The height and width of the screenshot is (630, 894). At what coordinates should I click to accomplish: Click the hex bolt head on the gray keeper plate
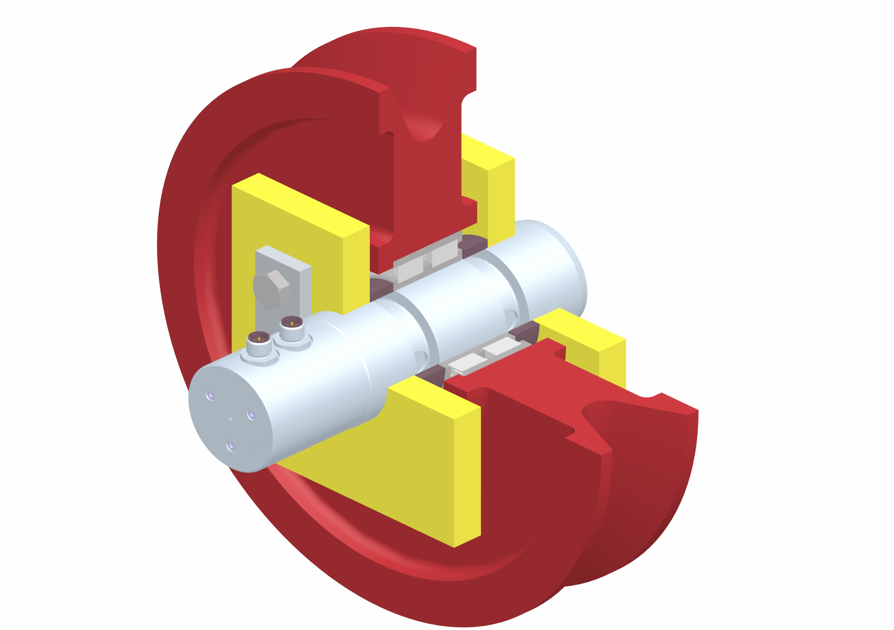click(x=271, y=289)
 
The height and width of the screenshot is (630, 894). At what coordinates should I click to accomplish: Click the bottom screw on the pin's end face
click(x=230, y=446)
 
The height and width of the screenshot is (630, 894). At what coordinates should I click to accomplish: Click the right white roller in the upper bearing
click(x=445, y=253)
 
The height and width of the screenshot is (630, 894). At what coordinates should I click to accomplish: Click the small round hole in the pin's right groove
click(x=510, y=315)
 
